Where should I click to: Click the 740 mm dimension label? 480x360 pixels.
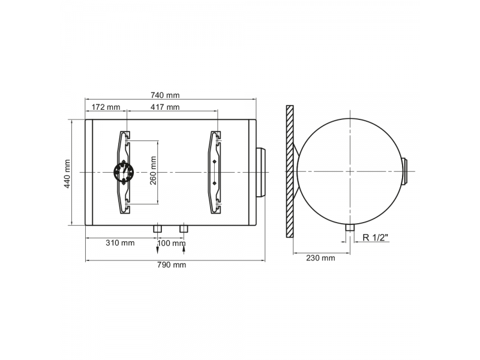pyautogui.click(x=165, y=95)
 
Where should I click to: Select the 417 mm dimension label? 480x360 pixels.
pyautogui.click(x=165, y=107)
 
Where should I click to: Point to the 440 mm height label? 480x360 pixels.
pyautogui.click(x=67, y=173)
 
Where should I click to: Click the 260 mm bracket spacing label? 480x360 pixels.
pyautogui.click(x=153, y=170)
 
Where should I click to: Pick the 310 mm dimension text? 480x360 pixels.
pyautogui.click(x=120, y=243)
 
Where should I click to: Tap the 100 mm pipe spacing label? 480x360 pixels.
pyautogui.click(x=171, y=244)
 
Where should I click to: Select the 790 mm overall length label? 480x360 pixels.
pyautogui.click(x=172, y=265)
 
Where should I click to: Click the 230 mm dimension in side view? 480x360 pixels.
pyautogui.click(x=320, y=258)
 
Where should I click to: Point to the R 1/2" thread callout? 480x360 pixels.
pyautogui.click(x=376, y=238)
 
